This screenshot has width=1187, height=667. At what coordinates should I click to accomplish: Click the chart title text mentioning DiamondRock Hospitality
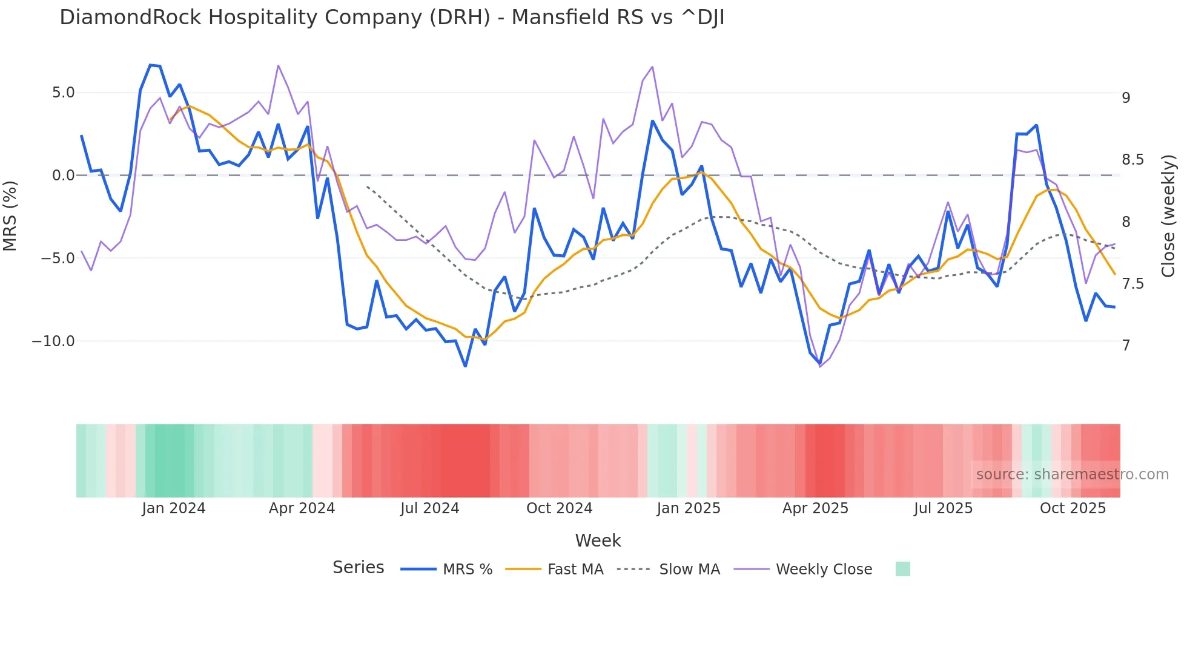pos(391,18)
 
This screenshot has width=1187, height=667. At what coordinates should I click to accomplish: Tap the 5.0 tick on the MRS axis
pos(63,93)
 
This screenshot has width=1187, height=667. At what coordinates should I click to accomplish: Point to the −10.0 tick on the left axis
pos(53,341)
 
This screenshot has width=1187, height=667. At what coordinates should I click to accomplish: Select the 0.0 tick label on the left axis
pos(63,176)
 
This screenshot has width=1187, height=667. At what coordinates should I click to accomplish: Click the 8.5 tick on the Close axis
pos(1132,160)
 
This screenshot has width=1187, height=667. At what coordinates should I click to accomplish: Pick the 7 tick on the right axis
pos(1126,346)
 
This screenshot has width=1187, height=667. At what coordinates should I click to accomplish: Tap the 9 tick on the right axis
pos(1126,97)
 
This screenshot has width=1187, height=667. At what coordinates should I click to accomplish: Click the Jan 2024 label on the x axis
pos(174,508)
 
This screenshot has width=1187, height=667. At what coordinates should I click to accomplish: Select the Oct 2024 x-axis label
pos(559,508)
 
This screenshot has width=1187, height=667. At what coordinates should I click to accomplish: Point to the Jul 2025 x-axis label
pos(943,508)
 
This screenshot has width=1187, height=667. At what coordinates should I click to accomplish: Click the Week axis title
pos(598,540)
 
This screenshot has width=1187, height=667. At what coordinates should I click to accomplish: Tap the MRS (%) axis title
pos(10,216)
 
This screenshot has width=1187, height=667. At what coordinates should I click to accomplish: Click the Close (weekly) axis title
pos(1168,216)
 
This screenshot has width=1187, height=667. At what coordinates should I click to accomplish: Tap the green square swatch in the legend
pos(902,569)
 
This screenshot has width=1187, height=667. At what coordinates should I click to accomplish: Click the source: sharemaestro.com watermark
pos(1072,475)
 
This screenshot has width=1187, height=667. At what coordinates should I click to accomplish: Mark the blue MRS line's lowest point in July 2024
pos(465,366)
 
